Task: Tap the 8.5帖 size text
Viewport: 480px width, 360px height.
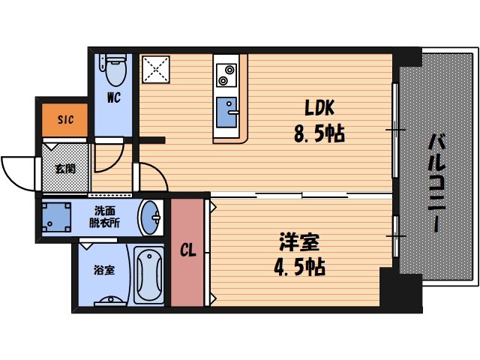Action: point(317,135)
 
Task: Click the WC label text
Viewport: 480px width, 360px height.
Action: point(114,98)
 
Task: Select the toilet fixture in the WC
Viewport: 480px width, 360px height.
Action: point(115,70)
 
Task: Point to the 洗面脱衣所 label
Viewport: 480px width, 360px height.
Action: point(105,217)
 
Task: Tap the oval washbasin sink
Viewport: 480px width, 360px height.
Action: point(151,217)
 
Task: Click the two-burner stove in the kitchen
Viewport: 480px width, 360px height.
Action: point(227,74)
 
